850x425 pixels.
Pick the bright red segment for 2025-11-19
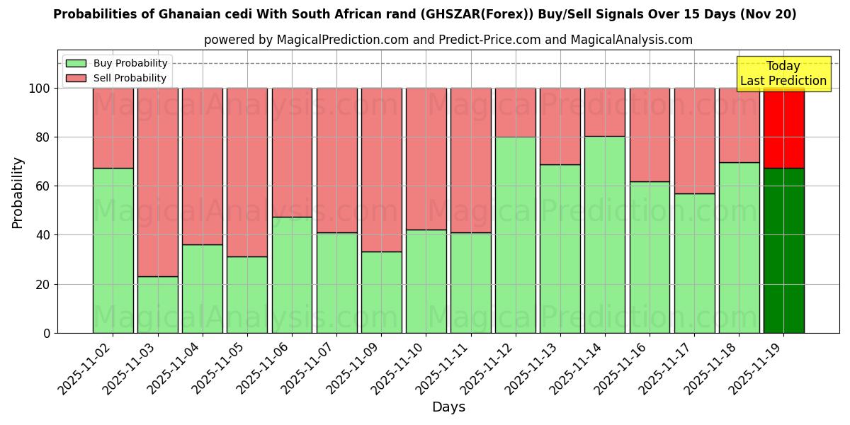tap(783, 127)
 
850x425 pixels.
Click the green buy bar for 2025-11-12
tap(515, 234)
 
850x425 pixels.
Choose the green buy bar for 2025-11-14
tap(605, 234)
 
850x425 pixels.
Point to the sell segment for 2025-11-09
tap(381, 170)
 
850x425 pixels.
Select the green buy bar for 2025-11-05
tap(247, 295)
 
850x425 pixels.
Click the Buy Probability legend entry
tap(117, 63)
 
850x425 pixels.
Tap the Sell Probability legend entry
tap(117, 78)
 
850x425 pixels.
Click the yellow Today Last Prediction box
tap(783, 74)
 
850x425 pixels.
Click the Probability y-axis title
tap(18, 192)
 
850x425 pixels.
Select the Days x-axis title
tap(448, 407)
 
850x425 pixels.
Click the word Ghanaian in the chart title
tap(185, 14)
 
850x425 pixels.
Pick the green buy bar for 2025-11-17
tap(694, 263)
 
